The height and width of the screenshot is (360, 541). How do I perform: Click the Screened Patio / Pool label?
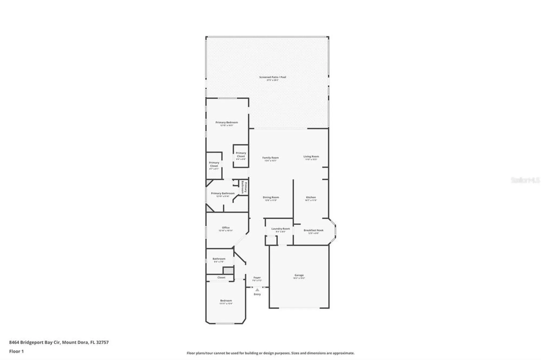(272, 77)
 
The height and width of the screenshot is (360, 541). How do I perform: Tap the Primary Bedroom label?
(227, 122)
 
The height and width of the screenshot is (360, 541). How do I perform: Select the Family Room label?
(270, 158)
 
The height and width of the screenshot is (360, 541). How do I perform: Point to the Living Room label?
(311, 156)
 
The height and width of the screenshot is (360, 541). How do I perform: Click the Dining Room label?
(271, 198)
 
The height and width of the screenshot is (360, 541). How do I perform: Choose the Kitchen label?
(311, 198)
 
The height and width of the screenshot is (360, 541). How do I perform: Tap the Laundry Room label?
(281, 229)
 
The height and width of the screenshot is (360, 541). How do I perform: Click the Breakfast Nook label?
(313, 231)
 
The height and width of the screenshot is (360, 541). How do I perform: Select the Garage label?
(299, 275)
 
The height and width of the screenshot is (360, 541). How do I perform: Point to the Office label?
(226, 228)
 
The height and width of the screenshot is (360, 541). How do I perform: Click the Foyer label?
(257, 278)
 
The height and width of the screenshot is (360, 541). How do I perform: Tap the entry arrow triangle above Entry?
(257, 290)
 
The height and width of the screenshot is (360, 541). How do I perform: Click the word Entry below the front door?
(257, 294)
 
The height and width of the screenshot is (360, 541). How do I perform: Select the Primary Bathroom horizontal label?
(223, 194)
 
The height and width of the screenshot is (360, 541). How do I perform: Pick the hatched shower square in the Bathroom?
(228, 271)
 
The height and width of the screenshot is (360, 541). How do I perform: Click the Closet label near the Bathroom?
(221, 278)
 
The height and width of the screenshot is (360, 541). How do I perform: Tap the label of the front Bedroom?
(226, 301)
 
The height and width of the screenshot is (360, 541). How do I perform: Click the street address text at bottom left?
(59, 342)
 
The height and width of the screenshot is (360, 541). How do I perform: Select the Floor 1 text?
(17, 351)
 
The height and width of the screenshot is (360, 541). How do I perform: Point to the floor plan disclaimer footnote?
(270, 353)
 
